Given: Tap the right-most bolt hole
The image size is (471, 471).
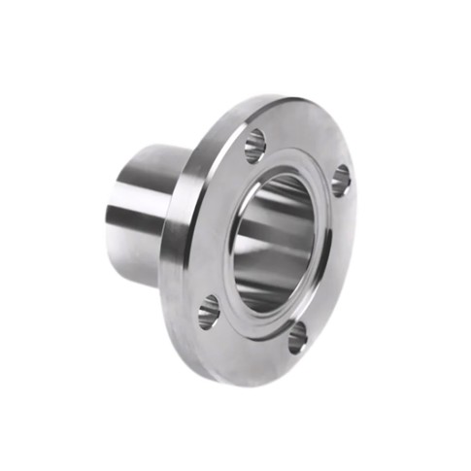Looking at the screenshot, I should pos(341,181).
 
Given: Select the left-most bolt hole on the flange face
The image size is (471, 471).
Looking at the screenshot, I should pos(209,312).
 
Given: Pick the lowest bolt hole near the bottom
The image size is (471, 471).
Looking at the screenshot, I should pos(297,337).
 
